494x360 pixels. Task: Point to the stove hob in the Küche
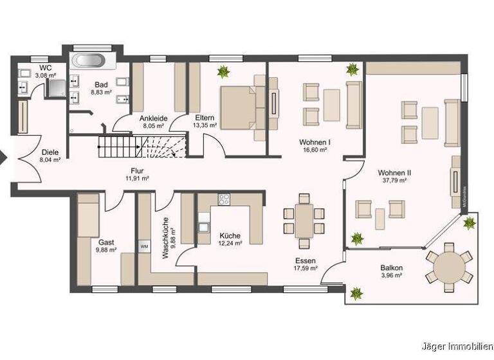click(x=224, y=199)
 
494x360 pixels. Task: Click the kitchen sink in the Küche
click(x=204, y=226)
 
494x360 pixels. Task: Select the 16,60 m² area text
click(x=315, y=149)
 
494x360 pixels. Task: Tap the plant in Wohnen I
click(x=352, y=69)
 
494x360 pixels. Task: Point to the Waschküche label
click(x=166, y=237)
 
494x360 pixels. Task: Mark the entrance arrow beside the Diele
click(x=4, y=156)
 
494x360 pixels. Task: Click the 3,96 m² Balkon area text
click(x=390, y=275)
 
